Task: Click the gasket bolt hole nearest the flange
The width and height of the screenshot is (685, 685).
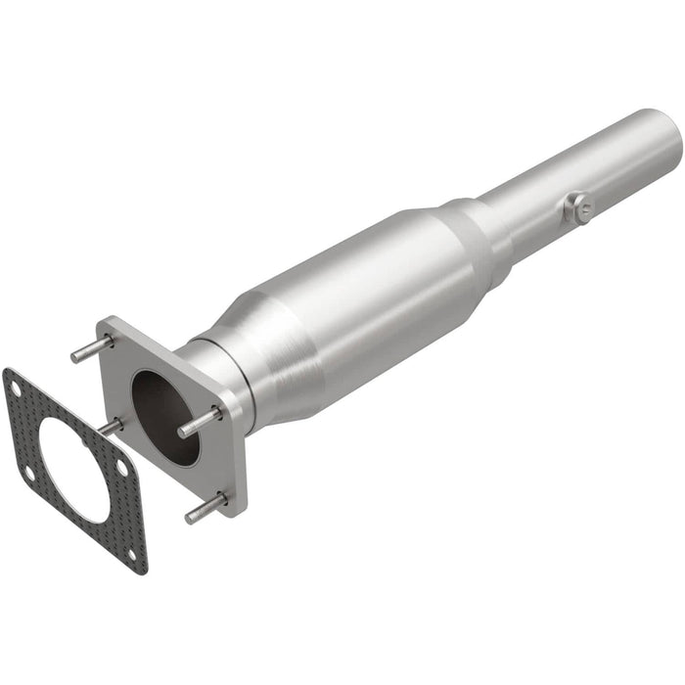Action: click(121, 469)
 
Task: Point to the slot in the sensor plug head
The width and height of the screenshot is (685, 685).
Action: click(581, 206)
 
